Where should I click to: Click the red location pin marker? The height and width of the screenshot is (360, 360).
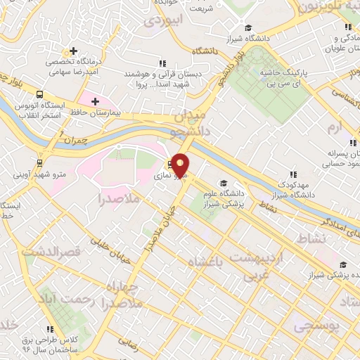[181, 165]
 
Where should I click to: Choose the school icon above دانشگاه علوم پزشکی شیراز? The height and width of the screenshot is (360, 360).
[224, 181]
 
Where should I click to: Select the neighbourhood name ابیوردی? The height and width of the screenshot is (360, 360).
[163, 20]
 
